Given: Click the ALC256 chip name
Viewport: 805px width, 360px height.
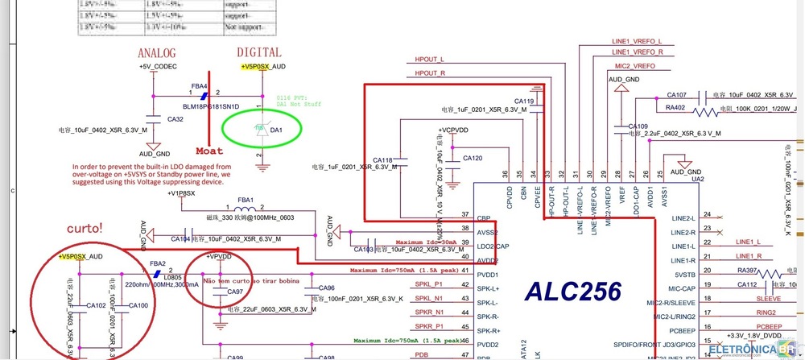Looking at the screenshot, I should (573, 291).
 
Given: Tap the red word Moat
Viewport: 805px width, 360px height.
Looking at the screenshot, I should (209, 151).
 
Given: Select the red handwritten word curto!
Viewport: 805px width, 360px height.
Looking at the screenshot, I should (83, 228).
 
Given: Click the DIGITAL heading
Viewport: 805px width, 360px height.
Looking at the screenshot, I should (259, 52).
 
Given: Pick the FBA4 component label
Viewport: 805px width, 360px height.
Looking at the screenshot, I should (199, 85).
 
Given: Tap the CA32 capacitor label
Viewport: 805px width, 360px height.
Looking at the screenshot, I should (175, 118).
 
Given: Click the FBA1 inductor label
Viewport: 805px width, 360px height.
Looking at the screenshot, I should (244, 200).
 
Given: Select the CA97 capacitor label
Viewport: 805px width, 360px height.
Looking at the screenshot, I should (235, 292).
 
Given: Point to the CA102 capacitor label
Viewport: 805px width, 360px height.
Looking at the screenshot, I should (97, 305).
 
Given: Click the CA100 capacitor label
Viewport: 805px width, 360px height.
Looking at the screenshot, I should (138, 305).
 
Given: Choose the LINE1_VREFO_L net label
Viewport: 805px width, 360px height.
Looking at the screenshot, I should (637, 41).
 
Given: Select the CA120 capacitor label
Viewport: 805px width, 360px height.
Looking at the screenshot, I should (473, 159).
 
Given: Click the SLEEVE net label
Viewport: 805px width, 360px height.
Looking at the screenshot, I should (769, 298).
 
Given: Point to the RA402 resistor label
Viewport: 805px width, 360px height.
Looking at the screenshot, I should (675, 107).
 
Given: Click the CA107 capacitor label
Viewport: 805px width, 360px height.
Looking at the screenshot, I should (676, 94).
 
